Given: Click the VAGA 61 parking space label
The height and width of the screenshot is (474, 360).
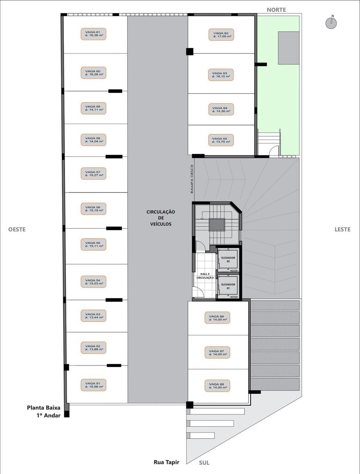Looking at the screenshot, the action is [x=93, y=34].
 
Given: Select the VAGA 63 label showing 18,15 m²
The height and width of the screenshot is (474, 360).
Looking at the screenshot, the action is [x=221, y=75].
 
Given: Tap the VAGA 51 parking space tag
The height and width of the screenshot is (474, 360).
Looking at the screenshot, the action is [x=93, y=385].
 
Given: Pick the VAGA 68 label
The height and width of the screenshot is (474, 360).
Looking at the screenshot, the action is [x=217, y=385].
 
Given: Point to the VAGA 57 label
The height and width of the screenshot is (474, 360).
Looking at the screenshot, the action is [x=93, y=173].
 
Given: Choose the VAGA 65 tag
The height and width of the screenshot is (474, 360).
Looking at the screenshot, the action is [x=221, y=140].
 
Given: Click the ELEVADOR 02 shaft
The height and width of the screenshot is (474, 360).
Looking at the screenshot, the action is [x=228, y=260].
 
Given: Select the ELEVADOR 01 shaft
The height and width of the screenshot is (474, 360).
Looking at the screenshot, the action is [x=228, y=286].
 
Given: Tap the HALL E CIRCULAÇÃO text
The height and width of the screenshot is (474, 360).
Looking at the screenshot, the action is [x=205, y=276].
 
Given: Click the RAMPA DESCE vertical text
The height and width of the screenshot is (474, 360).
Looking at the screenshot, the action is [x=192, y=179].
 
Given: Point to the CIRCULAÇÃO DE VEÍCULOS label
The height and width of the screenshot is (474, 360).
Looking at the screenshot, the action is [x=161, y=218].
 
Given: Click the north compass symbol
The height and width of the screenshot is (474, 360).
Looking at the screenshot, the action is [x=331, y=23].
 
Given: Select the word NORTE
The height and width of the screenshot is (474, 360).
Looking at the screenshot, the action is [x=276, y=10].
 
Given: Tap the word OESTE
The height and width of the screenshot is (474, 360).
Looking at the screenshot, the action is [x=17, y=229].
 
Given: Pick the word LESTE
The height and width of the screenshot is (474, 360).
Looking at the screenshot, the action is [x=343, y=229].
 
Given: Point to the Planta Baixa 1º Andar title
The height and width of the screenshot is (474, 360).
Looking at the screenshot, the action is [x=44, y=411].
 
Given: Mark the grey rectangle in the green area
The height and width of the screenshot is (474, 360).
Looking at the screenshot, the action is [x=289, y=48].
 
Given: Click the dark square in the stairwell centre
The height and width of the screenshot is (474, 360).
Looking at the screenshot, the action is [x=217, y=225].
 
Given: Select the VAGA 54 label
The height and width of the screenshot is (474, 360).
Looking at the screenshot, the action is [x=93, y=281].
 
